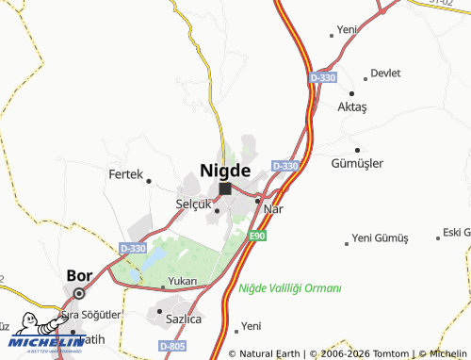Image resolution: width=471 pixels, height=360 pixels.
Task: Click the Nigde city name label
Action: pos(225,171)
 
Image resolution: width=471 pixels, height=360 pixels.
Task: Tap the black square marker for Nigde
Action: pos(225,188)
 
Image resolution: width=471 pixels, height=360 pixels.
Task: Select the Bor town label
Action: pos(79,277)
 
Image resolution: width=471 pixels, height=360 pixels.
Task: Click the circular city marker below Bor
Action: pos(79,292)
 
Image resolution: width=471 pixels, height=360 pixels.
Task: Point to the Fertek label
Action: pos(124,175)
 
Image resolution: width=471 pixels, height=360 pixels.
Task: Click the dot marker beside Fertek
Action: pos(148,179)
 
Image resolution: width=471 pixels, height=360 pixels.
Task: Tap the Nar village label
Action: pos(273,208)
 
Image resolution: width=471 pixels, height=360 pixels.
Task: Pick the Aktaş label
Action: pos(352,107)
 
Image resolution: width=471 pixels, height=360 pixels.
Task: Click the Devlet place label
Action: pos(385,74)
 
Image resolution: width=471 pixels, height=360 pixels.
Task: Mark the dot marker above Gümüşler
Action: pos(357,149)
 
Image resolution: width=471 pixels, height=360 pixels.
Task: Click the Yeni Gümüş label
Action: pos(382,237)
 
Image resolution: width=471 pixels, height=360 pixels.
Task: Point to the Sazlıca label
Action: pos(184,319)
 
